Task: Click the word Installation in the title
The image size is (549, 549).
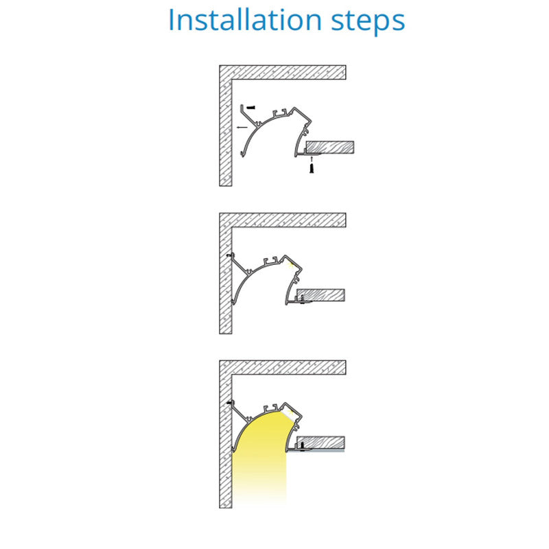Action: click(245, 20)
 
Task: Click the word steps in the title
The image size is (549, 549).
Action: click(369, 22)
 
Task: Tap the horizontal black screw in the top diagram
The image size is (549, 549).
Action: click(250, 107)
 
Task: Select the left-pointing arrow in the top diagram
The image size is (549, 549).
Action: click(242, 127)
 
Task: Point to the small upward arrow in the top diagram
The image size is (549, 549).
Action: click(312, 159)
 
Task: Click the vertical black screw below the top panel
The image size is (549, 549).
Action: click(312, 168)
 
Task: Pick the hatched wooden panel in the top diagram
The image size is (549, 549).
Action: click(330, 148)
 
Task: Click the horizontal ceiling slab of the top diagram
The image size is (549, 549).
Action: click(283, 72)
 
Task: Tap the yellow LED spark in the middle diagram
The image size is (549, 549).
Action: click(290, 265)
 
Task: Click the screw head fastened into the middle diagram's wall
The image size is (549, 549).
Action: click(229, 255)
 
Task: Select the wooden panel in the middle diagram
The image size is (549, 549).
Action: click(320, 295)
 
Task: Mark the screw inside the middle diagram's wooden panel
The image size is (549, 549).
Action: click(302, 299)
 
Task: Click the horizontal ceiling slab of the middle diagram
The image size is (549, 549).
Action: click(283, 220)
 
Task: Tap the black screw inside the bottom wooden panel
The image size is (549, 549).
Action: click(302, 445)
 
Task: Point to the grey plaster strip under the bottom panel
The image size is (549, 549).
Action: click(316, 451)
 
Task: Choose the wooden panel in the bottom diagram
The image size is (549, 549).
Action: click(320, 443)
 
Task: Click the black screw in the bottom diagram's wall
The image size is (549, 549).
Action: click(229, 403)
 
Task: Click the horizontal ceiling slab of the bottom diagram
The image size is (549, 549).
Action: click(283, 367)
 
